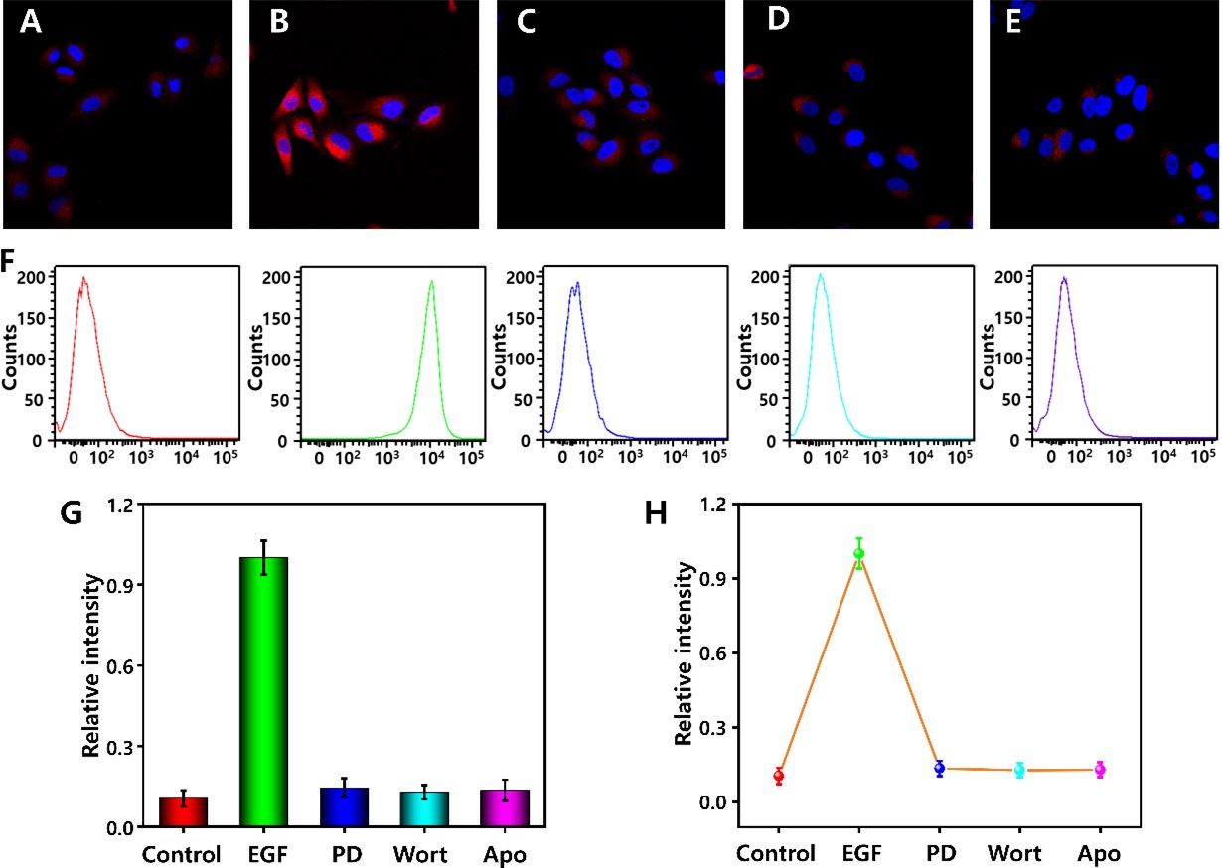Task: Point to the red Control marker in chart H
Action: (x=779, y=776)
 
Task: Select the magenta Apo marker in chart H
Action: (x=1100, y=770)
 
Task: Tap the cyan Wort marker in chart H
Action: (x=1019, y=770)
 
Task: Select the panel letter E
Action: (x=1013, y=23)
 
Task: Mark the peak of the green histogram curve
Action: (x=432, y=281)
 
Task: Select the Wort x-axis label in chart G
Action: (x=420, y=854)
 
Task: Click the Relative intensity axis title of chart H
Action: (x=684, y=652)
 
